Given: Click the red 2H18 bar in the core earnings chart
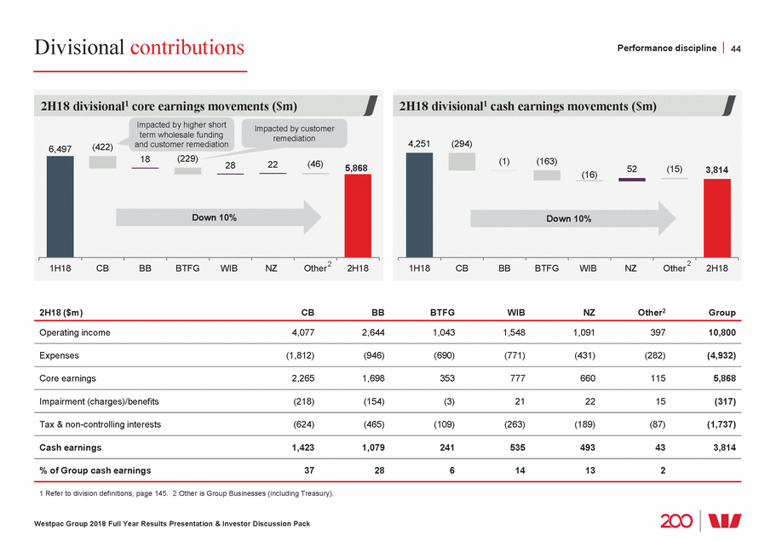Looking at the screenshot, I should [358, 213].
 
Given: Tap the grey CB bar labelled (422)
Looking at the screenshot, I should [102, 162].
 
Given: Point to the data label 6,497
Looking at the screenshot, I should [60, 149].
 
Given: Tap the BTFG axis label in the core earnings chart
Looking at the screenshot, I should [187, 268].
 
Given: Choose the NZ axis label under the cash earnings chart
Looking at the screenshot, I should [630, 268].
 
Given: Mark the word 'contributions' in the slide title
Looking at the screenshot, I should [187, 48].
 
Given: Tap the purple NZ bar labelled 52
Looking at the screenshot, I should [632, 180].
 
